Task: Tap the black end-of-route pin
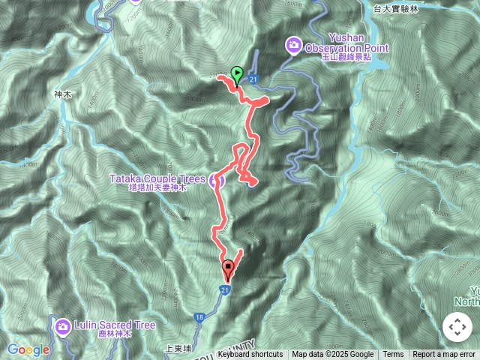coord(228,268)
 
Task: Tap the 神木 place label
coord(61,95)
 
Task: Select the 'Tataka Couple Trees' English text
coord(157,178)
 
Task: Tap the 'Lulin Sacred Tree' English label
coord(115,325)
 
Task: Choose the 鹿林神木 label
coord(115,334)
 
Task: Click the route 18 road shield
coord(199,317)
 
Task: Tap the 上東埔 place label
coord(175,348)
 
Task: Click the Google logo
coord(28,349)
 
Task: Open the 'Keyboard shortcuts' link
coord(250,355)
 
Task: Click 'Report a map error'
coord(444,355)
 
